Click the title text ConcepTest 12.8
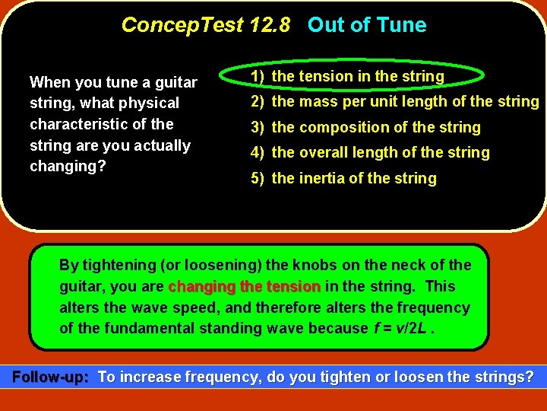tap(205, 25)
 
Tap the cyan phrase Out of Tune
tap(367, 25)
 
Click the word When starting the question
tap(48, 82)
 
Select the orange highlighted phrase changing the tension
tap(244, 287)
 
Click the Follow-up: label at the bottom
tap(51, 377)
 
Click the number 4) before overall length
tap(258, 152)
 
